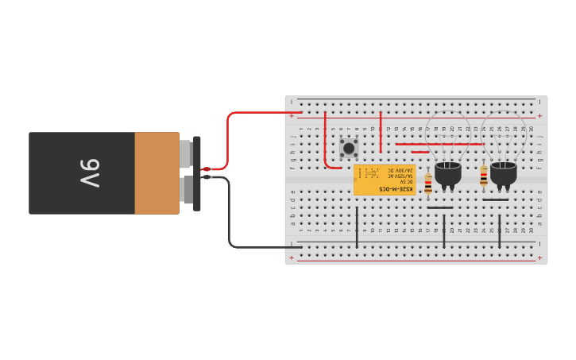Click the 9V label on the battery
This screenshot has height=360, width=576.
(x=89, y=173)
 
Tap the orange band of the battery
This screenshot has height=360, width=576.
(x=157, y=173)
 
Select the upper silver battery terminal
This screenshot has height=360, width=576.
(x=186, y=153)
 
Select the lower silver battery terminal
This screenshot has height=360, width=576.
(x=187, y=191)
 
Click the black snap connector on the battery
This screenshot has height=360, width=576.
(x=197, y=173)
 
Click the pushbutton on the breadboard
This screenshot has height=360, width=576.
(x=349, y=148)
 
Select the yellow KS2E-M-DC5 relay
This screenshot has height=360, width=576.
(x=385, y=180)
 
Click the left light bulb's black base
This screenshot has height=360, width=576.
(x=448, y=173)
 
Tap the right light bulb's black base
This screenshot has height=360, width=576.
(x=503, y=173)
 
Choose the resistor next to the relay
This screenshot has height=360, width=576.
(x=428, y=184)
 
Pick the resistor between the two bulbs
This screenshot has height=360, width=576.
(x=484, y=177)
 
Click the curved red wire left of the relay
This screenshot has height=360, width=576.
(x=327, y=159)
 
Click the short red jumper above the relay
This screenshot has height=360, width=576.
(x=420, y=152)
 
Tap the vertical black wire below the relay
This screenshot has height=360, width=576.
(x=357, y=226)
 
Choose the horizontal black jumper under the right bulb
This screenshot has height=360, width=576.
(x=495, y=199)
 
